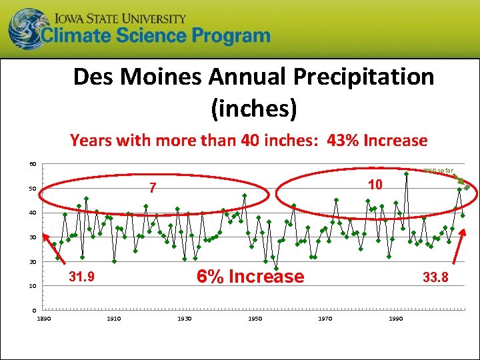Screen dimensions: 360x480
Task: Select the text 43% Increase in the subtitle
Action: point(377,141)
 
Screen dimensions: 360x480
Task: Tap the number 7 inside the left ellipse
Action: point(152,189)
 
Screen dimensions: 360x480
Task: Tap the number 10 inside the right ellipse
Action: point(375,185)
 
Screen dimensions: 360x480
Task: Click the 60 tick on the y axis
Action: point(32,165)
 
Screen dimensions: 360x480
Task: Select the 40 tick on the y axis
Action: point(32,213)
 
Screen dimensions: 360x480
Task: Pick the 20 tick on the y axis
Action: point(32,262)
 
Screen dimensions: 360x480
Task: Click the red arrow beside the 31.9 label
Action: point(53,253)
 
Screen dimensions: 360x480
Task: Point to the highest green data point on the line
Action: point(406,174)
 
